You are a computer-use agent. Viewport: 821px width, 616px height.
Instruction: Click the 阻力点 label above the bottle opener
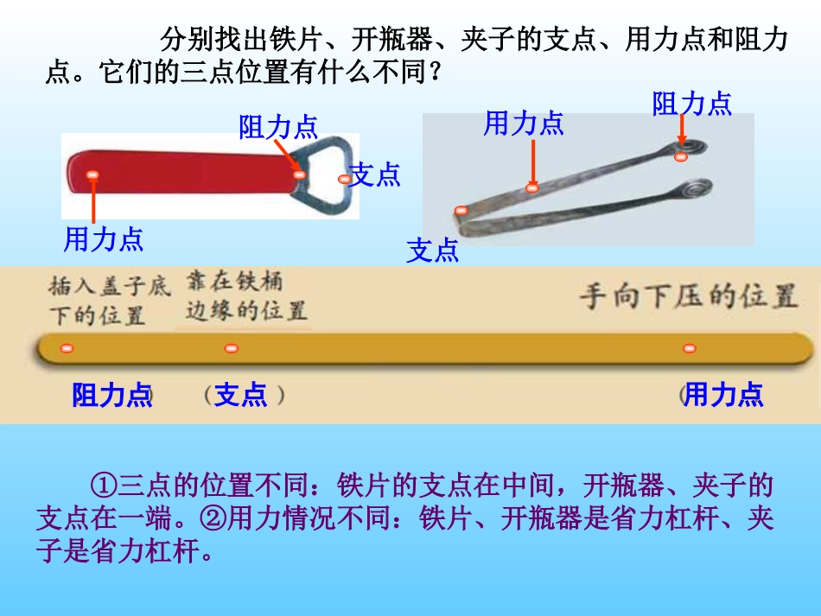(278, 127)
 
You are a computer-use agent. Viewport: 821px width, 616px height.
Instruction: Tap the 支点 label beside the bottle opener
(375, 175)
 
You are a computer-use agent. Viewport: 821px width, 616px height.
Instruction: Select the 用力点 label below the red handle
(103, 239)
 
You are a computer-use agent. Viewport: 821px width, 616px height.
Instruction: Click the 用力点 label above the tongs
(523, 124)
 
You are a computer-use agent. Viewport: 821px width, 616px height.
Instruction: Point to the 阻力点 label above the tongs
(691, 104)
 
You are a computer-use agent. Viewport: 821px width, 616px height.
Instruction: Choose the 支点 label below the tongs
(433, 251)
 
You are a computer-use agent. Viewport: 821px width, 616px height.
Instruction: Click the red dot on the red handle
(92, 175)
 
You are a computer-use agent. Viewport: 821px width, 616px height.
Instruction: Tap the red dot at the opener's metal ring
(299, 175)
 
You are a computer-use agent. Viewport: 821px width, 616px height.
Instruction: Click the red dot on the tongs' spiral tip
(681, 156)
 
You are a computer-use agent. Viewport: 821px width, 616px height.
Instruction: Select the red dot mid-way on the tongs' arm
(532, 187)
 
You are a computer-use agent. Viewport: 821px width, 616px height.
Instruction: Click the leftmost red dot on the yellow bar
(67, 348)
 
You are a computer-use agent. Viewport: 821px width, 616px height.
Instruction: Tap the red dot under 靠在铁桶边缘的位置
(231, 348)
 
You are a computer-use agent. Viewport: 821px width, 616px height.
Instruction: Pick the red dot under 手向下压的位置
(689, 348)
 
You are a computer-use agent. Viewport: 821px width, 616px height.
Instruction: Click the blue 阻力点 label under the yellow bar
(111, 395)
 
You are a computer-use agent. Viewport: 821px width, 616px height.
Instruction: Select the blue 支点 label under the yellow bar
(240, 395)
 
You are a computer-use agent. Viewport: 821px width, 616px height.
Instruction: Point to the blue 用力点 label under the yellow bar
(723, 395)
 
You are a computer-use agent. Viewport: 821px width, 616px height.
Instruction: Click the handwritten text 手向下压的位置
(687, 297)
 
